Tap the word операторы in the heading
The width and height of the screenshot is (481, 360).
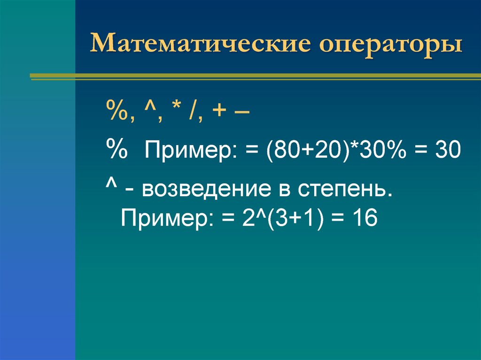coord(392,46)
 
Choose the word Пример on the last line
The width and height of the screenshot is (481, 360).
coord(161,218)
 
